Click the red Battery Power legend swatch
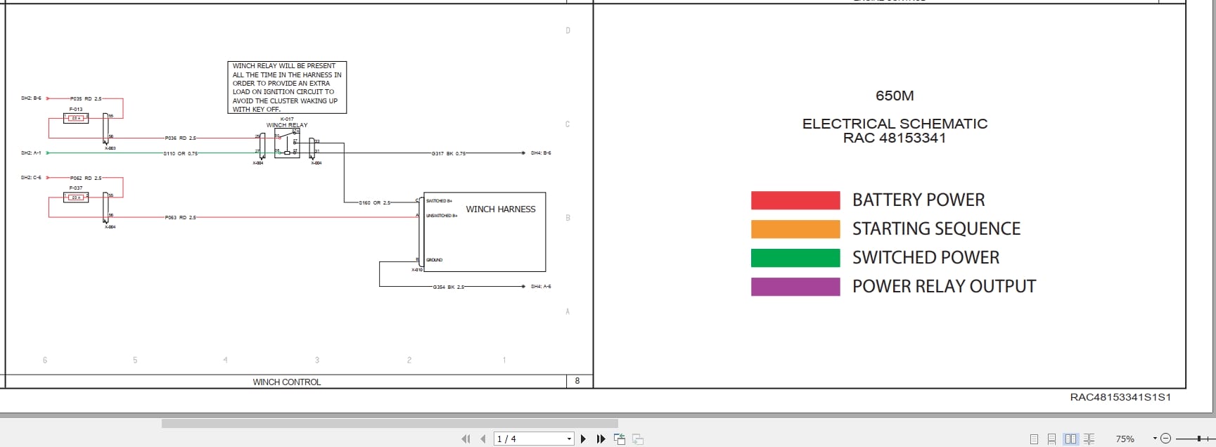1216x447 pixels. coord(795,200)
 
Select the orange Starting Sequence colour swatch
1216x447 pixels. coord(795,229)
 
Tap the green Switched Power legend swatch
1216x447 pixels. coord(795,258)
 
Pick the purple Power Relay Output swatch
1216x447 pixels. coord(795,287)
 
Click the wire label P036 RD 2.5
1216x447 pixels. coord(181,138)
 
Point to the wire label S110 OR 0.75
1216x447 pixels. coord(181,153)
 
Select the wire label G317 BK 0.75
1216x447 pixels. coord(449,153)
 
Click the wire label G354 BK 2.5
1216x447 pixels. coord(449,287)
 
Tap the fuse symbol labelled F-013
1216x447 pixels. coord(75,118)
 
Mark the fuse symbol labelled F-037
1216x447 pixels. coord(75,197)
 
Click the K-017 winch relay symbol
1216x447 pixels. coord(287,143)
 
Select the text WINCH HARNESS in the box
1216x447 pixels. coord(501,209)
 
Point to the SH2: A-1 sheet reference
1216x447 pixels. coord(31,153)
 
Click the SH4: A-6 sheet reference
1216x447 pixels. coord(541,287)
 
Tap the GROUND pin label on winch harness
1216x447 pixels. coord(435,260)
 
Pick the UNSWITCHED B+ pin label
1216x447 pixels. coord(442,216)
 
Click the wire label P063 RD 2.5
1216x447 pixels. coord(181,218)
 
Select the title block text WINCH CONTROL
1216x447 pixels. coord(287,382)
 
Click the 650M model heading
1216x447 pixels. coord(895,96)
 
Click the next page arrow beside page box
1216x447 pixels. coord(583,439)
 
